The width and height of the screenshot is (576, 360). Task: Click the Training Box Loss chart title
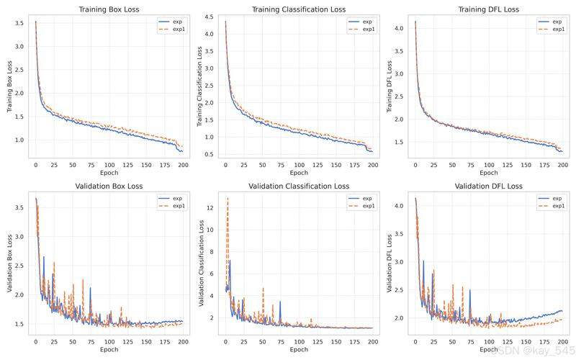pyautogui.click(x=109, y=9)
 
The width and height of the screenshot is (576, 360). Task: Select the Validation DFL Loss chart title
pyautogui.click(x=489, y=186)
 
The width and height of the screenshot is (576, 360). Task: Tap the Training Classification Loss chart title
pyautogui.click(x=299, y=9)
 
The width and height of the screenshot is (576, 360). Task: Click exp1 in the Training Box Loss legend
pyautogui.click(x=179, y=29)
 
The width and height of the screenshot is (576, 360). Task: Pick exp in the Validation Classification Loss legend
pyautogui.click(x=367, y=199)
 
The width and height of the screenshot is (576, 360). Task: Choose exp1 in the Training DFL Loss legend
pyautogui.click(x=559, y=29)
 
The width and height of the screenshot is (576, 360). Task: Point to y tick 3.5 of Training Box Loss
pyautogui.click(x=19, y=23)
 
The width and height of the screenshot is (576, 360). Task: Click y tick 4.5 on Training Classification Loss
pyautogui.click(x=209, y=17)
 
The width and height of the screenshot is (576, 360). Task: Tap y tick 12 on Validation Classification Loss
pyautogui.click(x=210, y=208)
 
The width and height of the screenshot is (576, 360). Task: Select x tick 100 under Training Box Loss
pyautogui.click(x=109, y=166)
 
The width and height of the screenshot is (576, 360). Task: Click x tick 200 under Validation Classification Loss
pyautogui.click(x=373, y=342)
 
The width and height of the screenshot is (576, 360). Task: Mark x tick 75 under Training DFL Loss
pyautogui.click(x=471, y=166)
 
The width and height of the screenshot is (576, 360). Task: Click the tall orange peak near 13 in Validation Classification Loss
pyautogui.click(x=228, y=199)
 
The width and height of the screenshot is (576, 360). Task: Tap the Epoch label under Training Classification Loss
pyautogui.click(x=299, y=173)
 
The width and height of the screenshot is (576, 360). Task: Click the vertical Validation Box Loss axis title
pyautogui.click(x=9, y=264)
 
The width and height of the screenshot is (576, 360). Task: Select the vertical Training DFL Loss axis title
pyautogui.click(x=390, y=86)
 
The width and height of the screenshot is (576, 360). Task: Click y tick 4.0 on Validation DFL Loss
pyautogui.click(x=399, y=206)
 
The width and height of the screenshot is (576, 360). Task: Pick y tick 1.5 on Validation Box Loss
pyautogui.click(x=19, y=324)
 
